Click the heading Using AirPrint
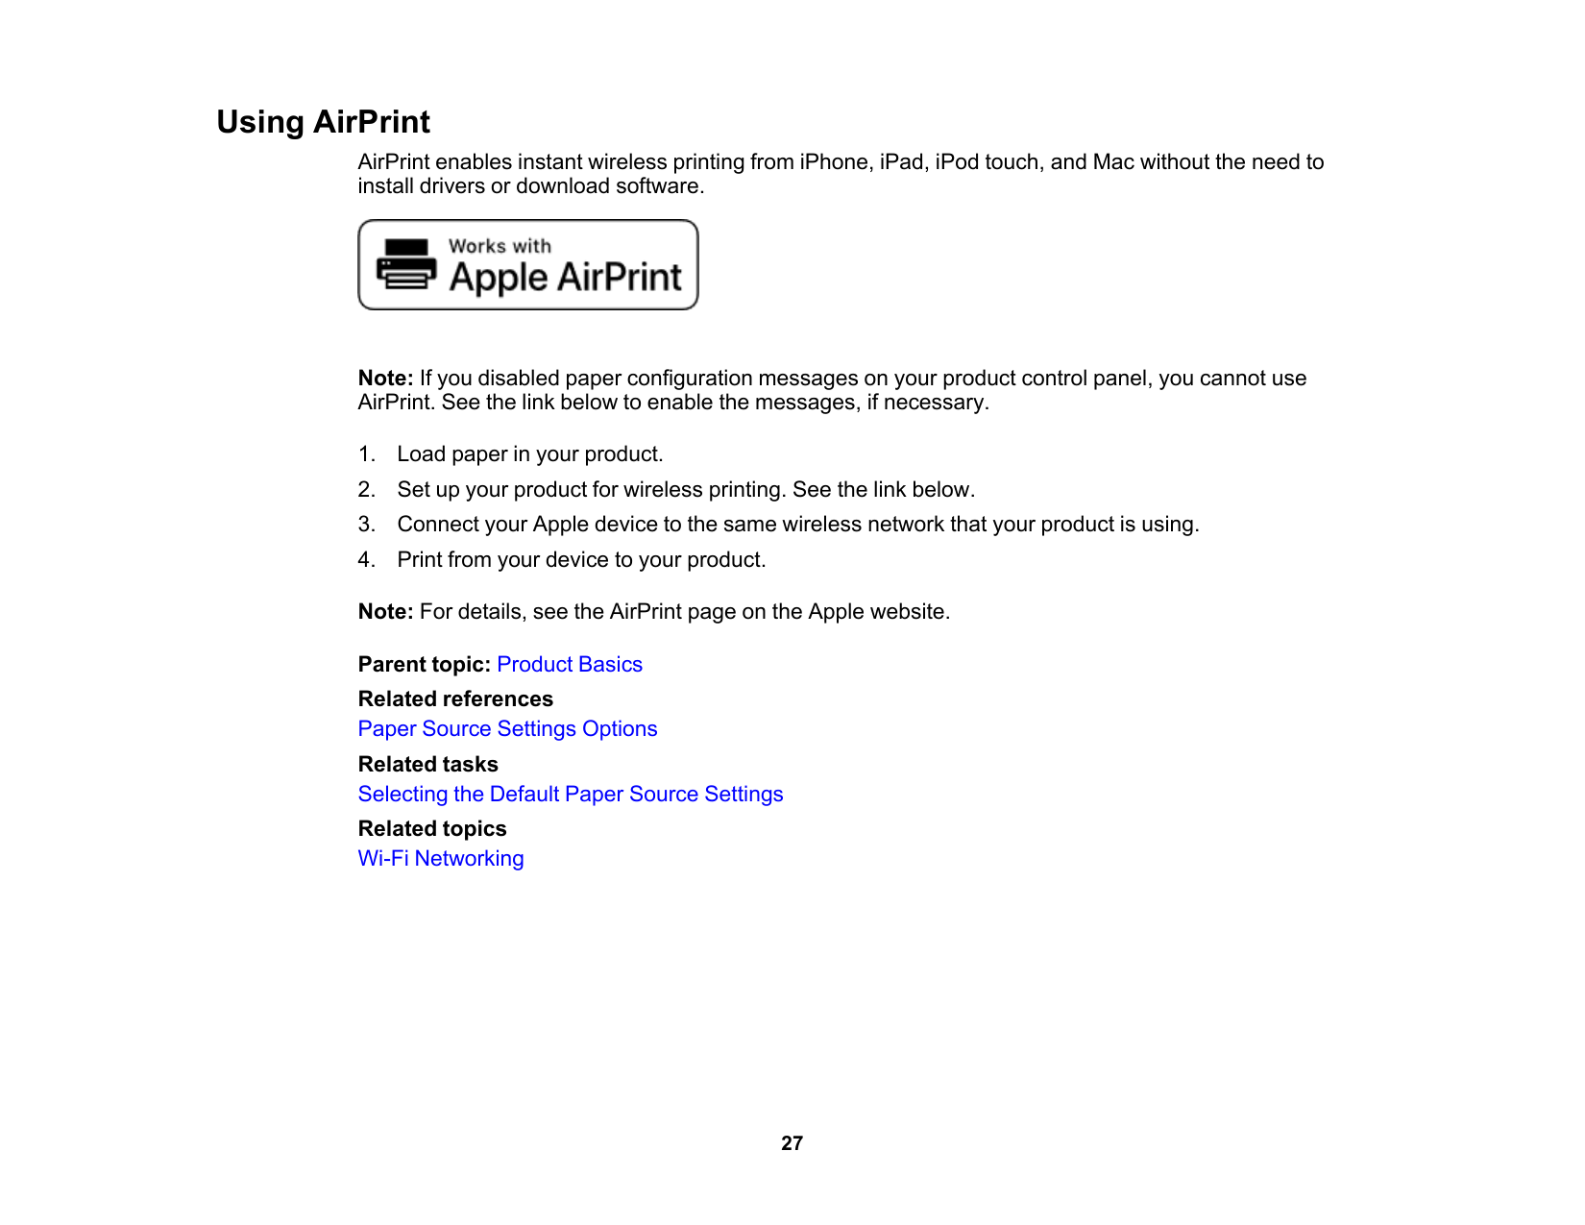click(323, 122)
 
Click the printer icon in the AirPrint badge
click(406, 264)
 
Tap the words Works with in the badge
click(500, 246)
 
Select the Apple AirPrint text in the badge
click(565, 278)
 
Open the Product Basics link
click(569, 665)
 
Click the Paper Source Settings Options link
click(507, 729)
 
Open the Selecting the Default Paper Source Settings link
click(571, 795)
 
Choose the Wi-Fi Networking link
click(441, 859)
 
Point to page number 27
click(792, 1143)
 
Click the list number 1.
click(366, 454)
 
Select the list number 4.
click(366, 560)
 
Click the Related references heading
click(455, 699)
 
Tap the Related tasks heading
click(428, 765)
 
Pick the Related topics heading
click(432, 829)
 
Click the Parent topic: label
click(424, 665)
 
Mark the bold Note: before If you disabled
click(385, 379)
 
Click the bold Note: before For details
click(385, 612)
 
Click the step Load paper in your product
click(530, 454)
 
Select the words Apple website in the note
click(877, 612)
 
